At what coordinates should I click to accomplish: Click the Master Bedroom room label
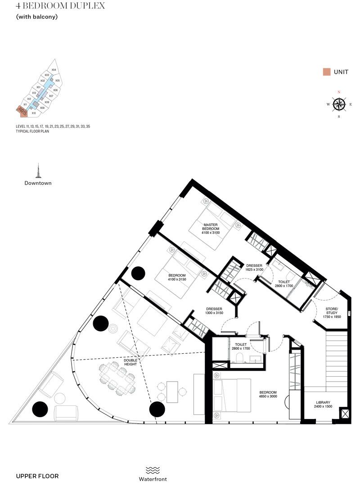pyautogui.click(x=211, y=228)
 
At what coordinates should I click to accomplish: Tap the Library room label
pyautogui.click(x=323, y=404)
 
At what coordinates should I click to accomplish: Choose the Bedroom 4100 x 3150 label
pyautogui.click(x=177, y=277)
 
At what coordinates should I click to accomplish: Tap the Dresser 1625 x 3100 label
pyautogui.click(x=254, y=268)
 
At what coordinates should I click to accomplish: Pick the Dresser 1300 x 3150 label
pyautogui.click(x=202, y=311)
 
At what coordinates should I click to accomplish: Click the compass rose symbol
pyautogui.click(x=339, y=104)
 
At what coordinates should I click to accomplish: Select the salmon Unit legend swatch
pyautogui.click(x=327, y=72)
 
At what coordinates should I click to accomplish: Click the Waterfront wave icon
pyautogui.click(x=153, y=470)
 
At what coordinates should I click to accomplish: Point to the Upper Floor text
pyautogui.click(x=37, y=476)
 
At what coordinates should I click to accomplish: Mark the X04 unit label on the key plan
pyautogui.click(x=54, y=70)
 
